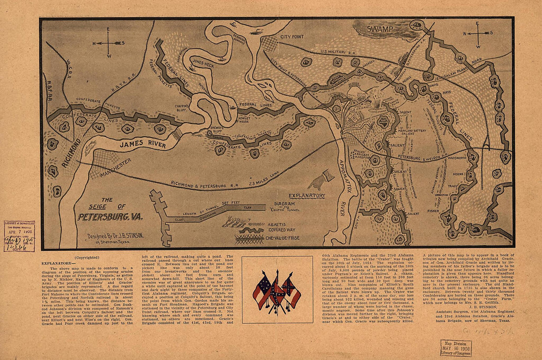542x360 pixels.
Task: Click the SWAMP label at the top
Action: [379, 30]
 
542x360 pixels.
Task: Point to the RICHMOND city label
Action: [71, 153]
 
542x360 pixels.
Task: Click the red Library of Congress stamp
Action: [19, 236]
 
